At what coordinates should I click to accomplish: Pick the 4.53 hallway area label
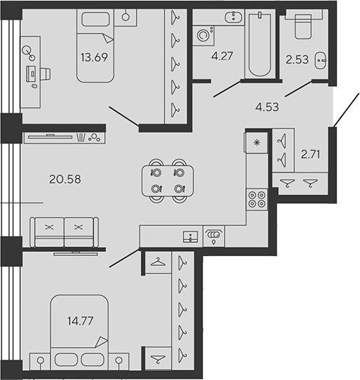266,107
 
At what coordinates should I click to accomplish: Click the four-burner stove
256,199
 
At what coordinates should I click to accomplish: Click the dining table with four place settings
168,180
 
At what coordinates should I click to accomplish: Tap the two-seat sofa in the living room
64,232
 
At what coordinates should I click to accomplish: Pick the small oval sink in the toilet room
321,61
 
